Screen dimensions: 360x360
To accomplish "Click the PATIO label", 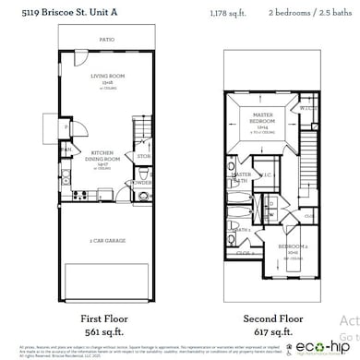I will tap(107, 40).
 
